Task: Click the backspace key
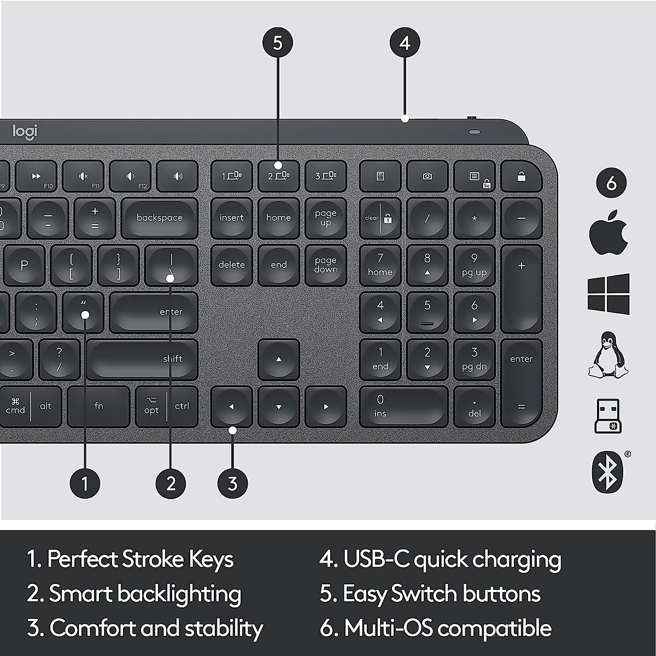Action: [x=159, y=218]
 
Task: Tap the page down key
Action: [x=326, y=265]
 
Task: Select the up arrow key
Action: [x=279, y=359]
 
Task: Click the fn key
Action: [x=98, y=406]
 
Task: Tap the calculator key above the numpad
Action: [x=380, y=176]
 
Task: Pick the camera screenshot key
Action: [x=427, y=176]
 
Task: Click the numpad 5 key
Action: [x=427, y=312]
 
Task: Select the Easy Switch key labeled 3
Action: [x=326, y=176]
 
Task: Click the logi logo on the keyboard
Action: [x=25, y=131]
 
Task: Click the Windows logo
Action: [x=608, y=294]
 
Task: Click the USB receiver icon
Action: [x=607, y=415]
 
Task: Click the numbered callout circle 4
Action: [x=405, y=43]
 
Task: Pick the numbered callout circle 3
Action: [x=232, y=483]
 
